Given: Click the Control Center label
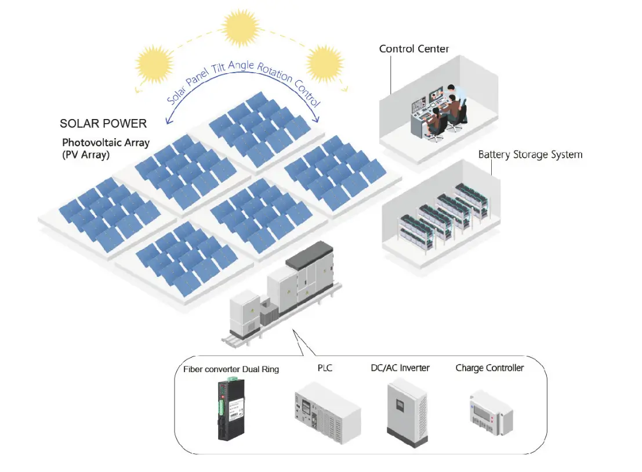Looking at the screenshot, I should pyautogui.click(x=414, y=49).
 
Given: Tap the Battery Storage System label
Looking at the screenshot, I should pyautogui.click(x=530, y=155).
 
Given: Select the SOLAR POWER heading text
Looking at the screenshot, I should pyautogui.click(x=103, y=124).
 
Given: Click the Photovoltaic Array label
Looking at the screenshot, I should pyautogui.click(x=106, y=143).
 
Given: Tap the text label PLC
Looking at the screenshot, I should pyautogui.click(x=327, y=368).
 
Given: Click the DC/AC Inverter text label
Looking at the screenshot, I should pyautogui.click(x=400, y=368).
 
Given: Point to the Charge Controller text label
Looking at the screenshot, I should pyautogui.click(x=489, y=368).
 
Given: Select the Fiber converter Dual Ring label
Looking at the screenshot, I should pyautogui.click(x=231, y=369).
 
